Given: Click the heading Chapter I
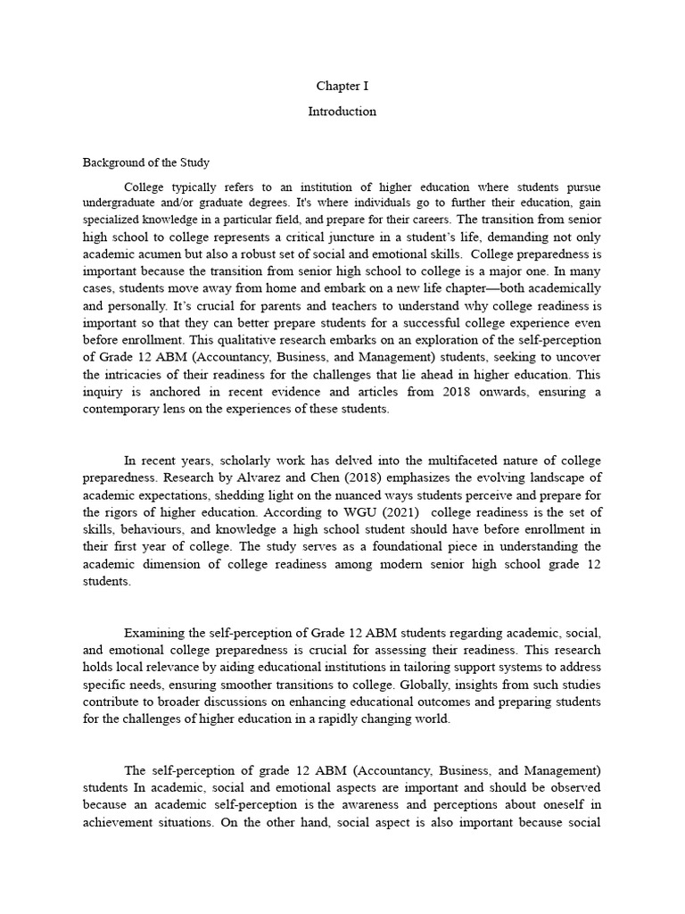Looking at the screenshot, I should pyautogui.click(x=342, y=87).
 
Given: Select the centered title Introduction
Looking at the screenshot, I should pyautogui.click(x=342, y=112).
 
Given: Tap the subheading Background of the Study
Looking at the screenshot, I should pyautogui.click(x=146, y=162).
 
